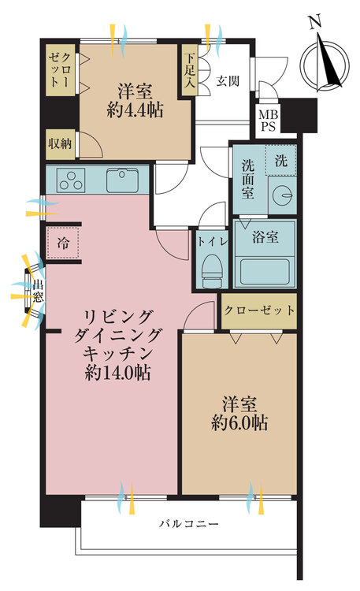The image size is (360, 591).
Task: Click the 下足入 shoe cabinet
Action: click(x=188, y=72)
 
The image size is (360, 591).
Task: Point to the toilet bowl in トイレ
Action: click(x=210, y=273)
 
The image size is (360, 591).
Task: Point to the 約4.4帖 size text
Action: click(x=135, y=110)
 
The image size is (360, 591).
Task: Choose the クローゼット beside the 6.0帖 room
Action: click(x=259, y=310)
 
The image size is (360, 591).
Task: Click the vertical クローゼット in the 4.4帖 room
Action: click(x=61, y=71)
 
